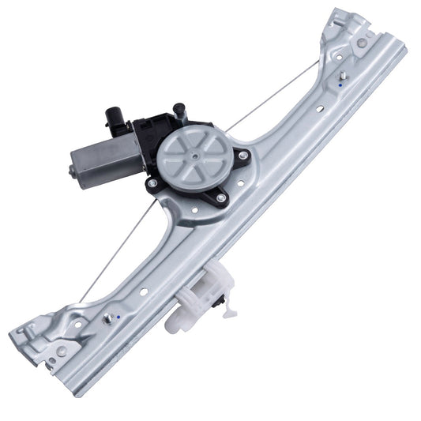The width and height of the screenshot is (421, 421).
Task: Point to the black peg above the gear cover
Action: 179,111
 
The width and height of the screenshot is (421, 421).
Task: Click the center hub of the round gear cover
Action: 193,156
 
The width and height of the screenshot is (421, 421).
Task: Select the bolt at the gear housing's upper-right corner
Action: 242,155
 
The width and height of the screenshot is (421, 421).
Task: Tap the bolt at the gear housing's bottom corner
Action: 221,197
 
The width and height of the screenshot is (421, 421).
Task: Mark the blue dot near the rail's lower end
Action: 118,316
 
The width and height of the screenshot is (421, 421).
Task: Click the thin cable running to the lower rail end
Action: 111,253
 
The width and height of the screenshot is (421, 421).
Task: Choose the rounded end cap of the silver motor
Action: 73,169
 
